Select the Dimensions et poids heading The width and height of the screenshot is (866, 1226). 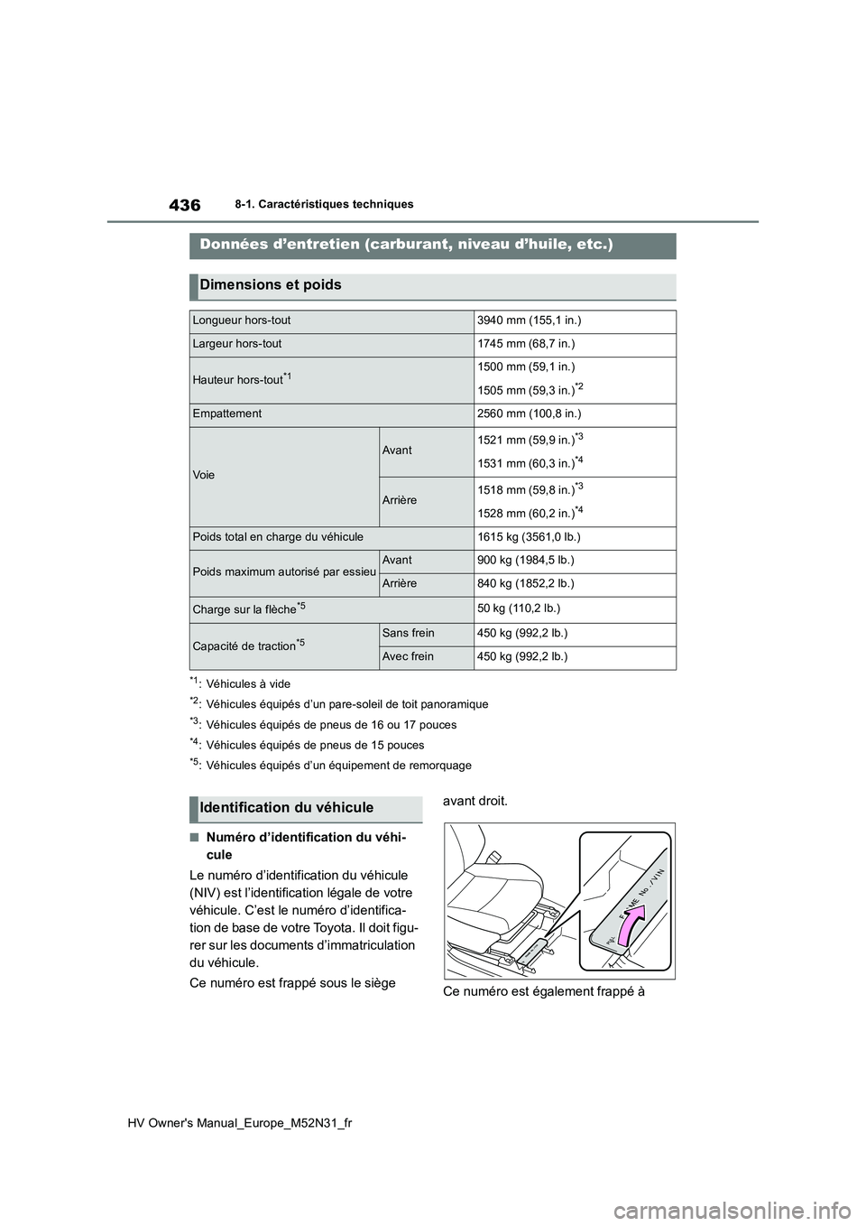(x=271, y=285)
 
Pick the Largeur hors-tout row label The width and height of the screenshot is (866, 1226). (x=237, y=344)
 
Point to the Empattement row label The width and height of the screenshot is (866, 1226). (x=227, y=414)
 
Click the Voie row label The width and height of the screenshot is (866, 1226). (x=204, y=475)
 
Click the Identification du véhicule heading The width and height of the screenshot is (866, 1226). (x=287, y=808)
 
